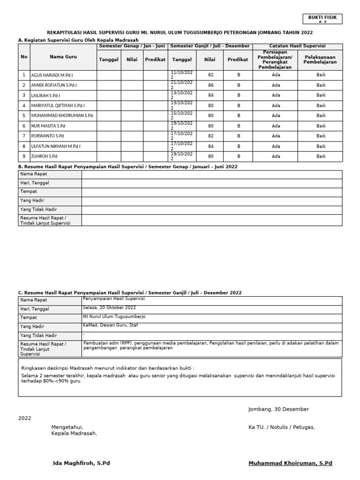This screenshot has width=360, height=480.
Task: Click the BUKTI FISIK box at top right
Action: [322, 19]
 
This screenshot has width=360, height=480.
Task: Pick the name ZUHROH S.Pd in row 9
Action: [44, 157]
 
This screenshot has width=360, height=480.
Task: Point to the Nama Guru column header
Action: [63, 57]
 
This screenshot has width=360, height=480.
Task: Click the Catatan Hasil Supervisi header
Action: [298, 46]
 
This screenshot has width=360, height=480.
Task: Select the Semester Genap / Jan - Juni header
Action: [132, 46]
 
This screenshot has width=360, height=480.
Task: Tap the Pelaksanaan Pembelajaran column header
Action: [321, 59]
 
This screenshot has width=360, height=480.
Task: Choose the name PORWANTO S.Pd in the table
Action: [47, 136]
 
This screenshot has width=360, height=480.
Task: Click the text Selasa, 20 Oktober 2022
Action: [109, 307]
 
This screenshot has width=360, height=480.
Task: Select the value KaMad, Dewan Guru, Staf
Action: [110, 325]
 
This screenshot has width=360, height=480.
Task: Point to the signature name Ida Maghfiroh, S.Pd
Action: [82, 463]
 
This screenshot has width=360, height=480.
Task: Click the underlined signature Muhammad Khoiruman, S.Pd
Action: [290, 463]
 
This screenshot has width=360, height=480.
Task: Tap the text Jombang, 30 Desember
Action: [278, 409]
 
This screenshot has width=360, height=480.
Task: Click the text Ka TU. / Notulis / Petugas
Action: [282, 427]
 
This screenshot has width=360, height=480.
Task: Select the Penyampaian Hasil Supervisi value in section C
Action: [114, 298]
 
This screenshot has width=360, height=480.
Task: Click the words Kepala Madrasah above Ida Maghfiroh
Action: [74, 433]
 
